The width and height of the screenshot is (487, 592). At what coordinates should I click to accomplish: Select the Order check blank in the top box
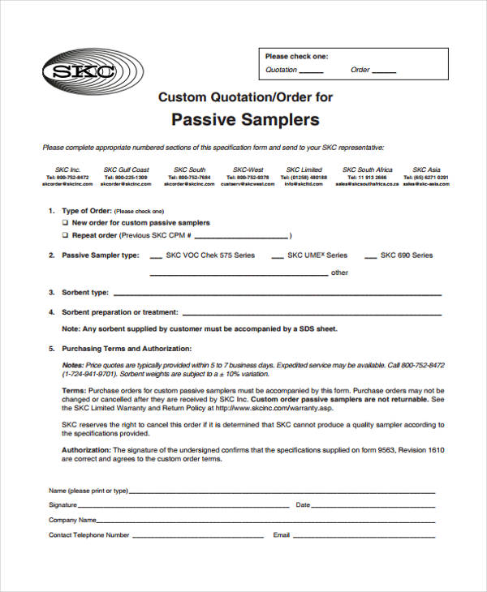pyautogui.click(x=384, y=71)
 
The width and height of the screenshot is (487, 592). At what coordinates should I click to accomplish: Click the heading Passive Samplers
pyautogui.click(x=245, y=120)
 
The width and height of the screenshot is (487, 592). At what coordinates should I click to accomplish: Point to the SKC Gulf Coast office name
pyautogui.click(x=126, y=170)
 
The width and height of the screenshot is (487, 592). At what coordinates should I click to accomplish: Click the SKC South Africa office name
pyautogui.click(x=368, y=170)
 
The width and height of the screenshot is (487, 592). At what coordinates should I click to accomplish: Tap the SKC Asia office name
pyautogui.click(x=425, y=170)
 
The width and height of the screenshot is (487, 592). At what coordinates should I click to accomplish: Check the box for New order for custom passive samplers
pyautogui.click(x=65, y=222)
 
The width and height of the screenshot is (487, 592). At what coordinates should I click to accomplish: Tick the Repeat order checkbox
pyautogui.click(x=65, y=235)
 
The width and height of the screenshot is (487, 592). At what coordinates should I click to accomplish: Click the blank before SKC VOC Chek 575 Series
pyautogui.click(x=152, y=257)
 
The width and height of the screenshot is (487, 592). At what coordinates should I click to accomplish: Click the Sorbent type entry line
pyautogui.click(x=276, y=294)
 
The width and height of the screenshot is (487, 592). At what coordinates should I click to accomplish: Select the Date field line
pyautogui.click(x=373, y=506)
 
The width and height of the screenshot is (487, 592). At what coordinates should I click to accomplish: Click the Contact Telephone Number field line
pyautogui.click(x=198, y=536)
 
